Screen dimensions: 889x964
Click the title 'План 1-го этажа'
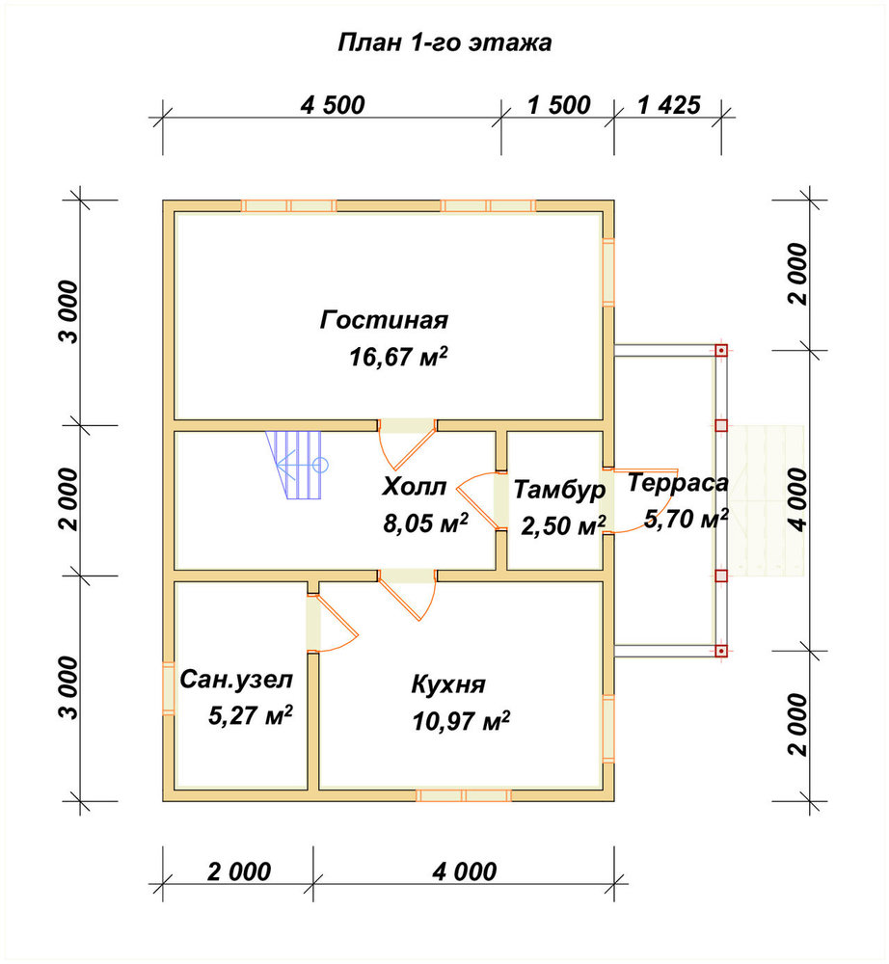(x=444, y=42)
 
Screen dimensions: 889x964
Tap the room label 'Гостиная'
(x=385, y=320)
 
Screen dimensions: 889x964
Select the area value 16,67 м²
(x=398, y=356)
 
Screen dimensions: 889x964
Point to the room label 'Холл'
(x=414, y=487)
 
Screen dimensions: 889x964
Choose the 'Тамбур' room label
(x=559, y=490)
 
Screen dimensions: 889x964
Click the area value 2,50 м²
(x=563, y=525)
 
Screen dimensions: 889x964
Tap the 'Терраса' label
(x=678, y=483)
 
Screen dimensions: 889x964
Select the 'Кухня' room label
(x=448, y=684)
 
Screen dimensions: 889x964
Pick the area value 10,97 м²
(x=461, y=721)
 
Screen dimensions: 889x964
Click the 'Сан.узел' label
(x=236, y=680)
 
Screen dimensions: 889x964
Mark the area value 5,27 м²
(x=251, y=715)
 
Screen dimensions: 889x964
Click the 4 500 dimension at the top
(x=333, y=104)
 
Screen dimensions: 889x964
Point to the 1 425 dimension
(x=669, y=104)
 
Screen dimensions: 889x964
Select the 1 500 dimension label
(x=559, y=104)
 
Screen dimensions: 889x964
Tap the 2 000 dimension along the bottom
(x=238, y=871)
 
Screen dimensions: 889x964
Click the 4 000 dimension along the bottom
(x=464, y=871)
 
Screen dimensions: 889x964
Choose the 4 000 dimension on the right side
(x=798, y=499)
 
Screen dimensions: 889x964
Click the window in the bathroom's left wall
(x=169, y=688)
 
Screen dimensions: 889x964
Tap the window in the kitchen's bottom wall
(x=464, y=795)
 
